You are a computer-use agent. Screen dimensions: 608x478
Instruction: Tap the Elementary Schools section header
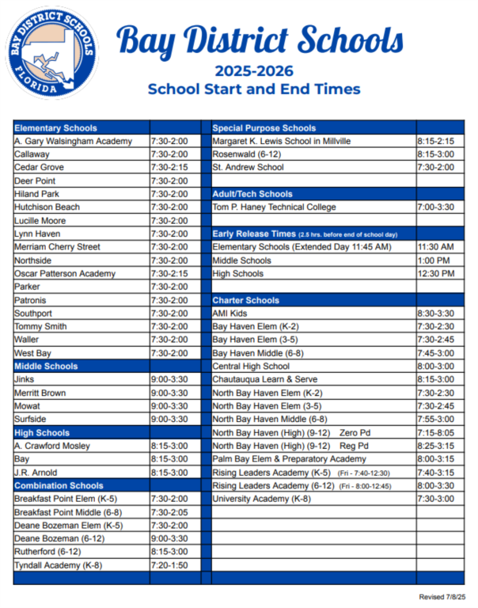[x=56, y=127]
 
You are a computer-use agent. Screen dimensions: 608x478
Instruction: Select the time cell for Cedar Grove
[x=169, y=168]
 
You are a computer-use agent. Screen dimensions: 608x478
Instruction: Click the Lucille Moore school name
[x=40, y=221]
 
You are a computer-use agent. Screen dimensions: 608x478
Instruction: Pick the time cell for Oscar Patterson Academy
[x=169, y=274]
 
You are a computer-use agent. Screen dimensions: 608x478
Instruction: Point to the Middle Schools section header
[x=47, y=367]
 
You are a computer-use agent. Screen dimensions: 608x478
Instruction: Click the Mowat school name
[x=28, y=406]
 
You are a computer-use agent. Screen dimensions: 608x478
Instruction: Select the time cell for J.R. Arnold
[x=169, y=473]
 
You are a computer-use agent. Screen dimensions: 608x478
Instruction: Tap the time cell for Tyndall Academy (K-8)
[x=169, y=565]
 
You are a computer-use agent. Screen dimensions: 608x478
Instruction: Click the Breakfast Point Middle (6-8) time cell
[x=169, y=512]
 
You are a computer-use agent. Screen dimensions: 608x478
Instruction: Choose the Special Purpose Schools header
[x=264, y=127]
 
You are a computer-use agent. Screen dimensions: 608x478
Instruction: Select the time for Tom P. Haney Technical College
[x=435, y=207]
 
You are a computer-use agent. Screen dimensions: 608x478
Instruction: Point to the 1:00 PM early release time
[x=432, y=260]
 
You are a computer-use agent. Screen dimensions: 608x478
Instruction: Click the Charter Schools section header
[x=246, y=301]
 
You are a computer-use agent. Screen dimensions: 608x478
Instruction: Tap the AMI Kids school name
[x=230, y=313]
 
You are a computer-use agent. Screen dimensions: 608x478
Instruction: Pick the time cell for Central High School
[x=435, y=367]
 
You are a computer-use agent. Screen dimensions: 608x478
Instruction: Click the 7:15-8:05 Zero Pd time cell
[x=435, y=433]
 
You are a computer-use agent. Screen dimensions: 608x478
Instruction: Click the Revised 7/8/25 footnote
[x=442, y=596]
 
